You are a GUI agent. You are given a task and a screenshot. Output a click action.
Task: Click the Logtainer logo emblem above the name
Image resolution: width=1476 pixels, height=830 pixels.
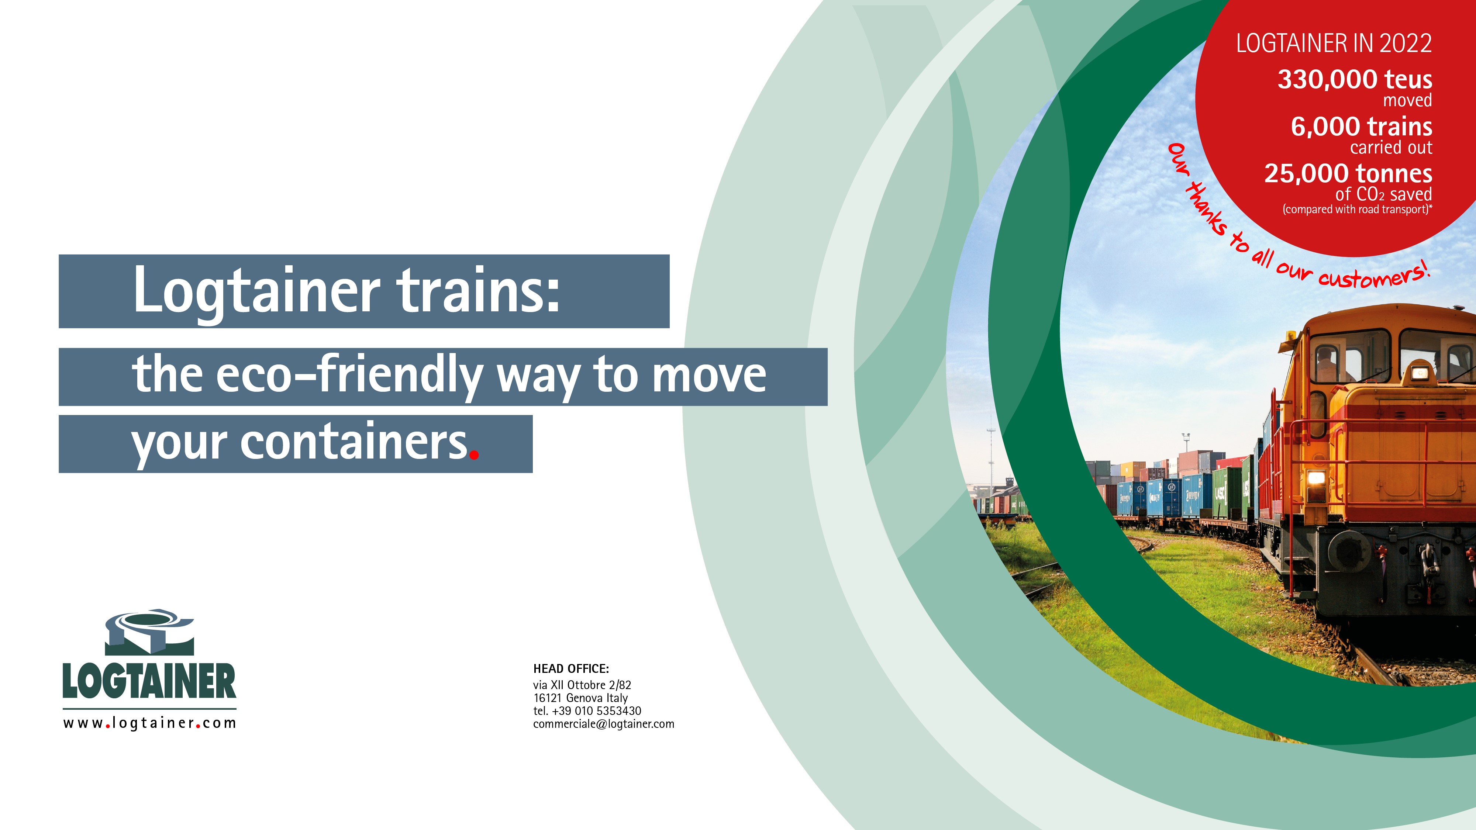coord(149,632)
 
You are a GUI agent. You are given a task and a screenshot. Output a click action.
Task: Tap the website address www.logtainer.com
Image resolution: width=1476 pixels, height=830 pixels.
coord(149,723)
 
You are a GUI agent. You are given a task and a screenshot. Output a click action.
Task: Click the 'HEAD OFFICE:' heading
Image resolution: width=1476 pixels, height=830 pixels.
coord(571,668)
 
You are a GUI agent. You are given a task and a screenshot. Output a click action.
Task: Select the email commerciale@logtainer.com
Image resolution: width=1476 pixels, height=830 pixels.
coord(603,724)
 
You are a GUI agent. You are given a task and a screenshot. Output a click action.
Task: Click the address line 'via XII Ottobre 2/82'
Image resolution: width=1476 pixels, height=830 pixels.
coord(582,685)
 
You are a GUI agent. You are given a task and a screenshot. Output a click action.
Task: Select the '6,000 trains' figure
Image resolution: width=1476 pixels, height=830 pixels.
coord(1361,127)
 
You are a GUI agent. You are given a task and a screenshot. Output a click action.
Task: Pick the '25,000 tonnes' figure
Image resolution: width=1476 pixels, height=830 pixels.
coord(1348,173)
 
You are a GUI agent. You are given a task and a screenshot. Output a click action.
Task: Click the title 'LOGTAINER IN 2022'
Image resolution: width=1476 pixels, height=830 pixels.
coord(1334,44)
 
